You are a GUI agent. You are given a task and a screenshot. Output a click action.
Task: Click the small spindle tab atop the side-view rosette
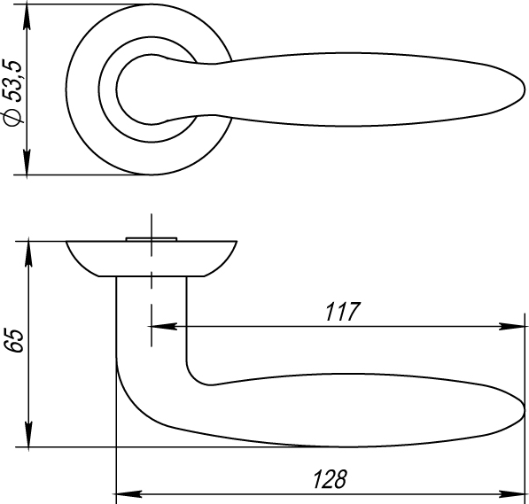click(152, 237)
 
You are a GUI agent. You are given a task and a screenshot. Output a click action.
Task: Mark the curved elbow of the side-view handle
click(142, 394)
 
